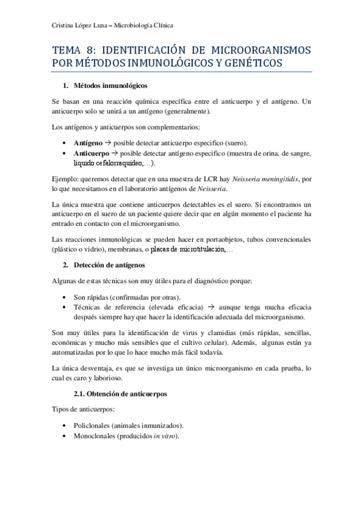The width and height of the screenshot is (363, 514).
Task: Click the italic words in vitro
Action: point(164,436)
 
